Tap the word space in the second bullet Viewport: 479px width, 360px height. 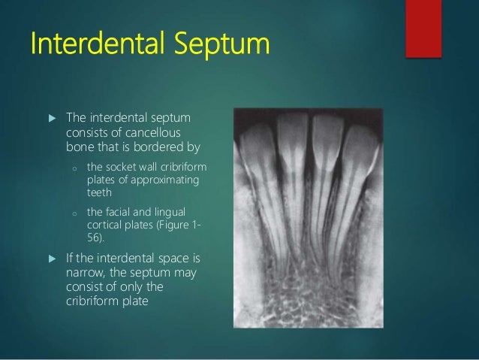pyautogui.click(x=167, y=259)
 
